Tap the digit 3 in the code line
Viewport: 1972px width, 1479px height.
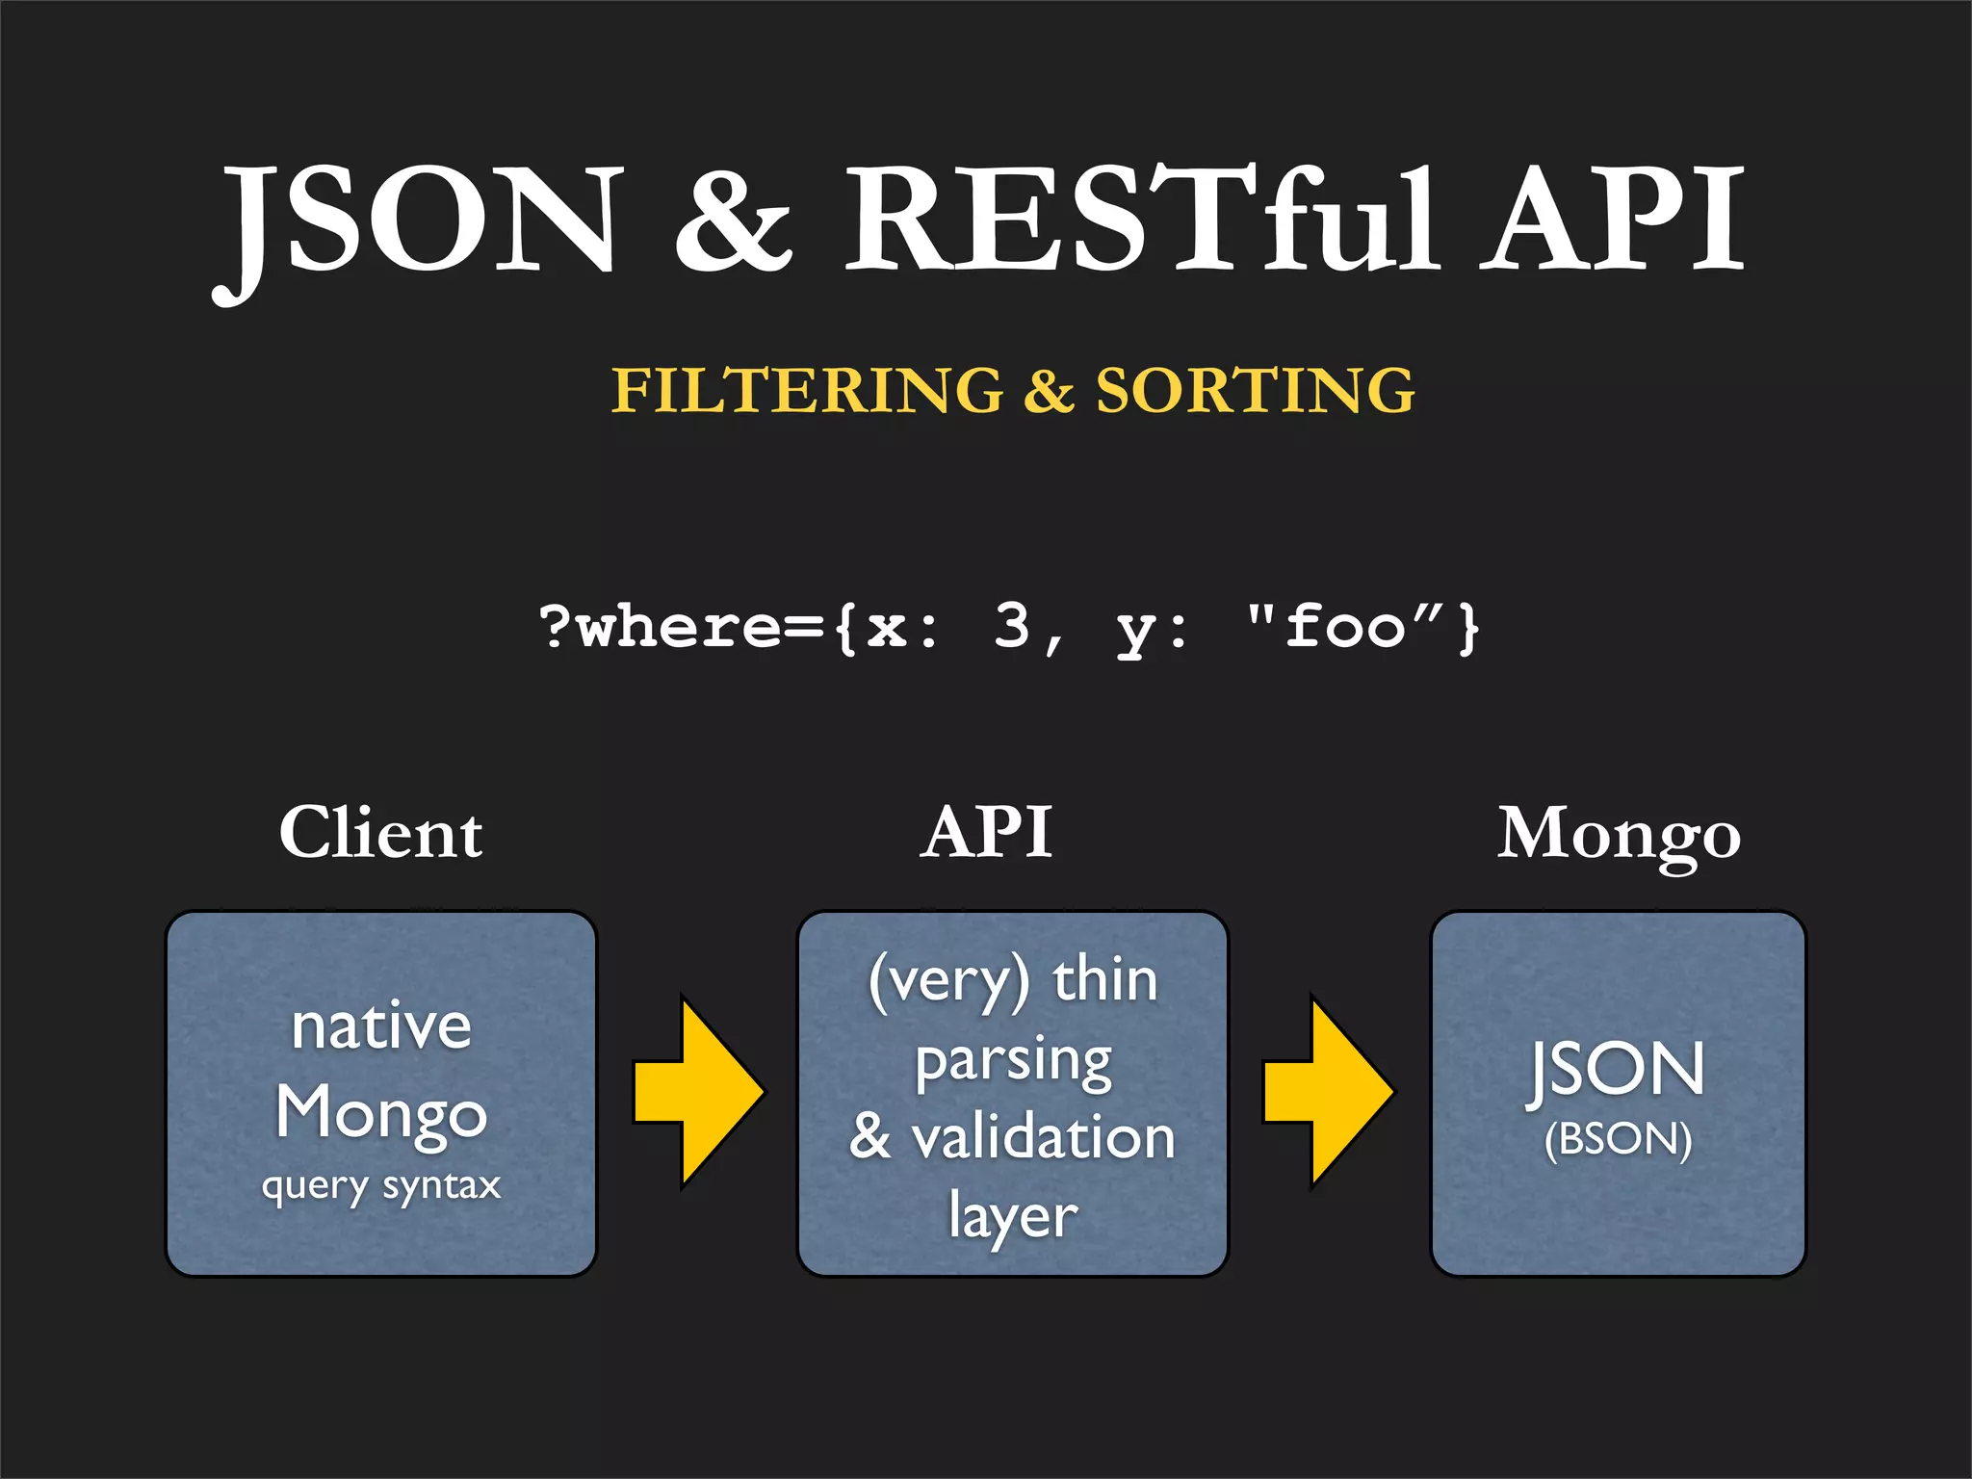(x=1012, y=625)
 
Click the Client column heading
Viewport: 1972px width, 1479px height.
(x=381, y=833)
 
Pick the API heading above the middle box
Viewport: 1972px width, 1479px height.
(x=986, y=833)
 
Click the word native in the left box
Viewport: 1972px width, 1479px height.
(x=381, y=1026)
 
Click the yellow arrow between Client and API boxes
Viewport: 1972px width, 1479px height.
(x=699, y=1093)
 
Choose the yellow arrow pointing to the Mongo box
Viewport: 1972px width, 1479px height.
(x=1329, y=1093)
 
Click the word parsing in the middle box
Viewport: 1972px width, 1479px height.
(x=1013, y=1062)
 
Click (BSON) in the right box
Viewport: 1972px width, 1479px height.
(x=1618, y=1140)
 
